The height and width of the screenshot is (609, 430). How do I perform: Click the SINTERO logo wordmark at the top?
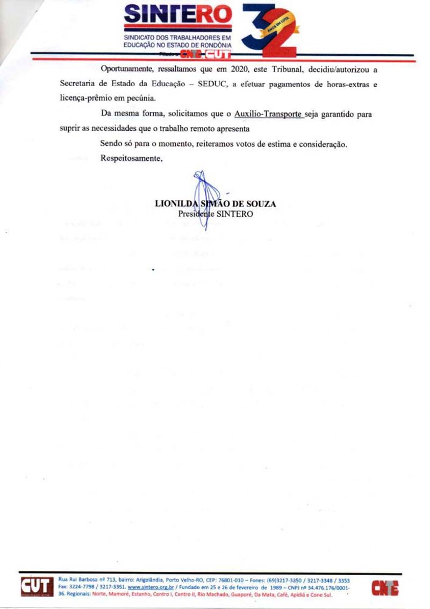(178, 15)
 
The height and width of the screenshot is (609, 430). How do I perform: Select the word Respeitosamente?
(131, 159)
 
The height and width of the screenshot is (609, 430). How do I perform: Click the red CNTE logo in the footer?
(385, 588)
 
